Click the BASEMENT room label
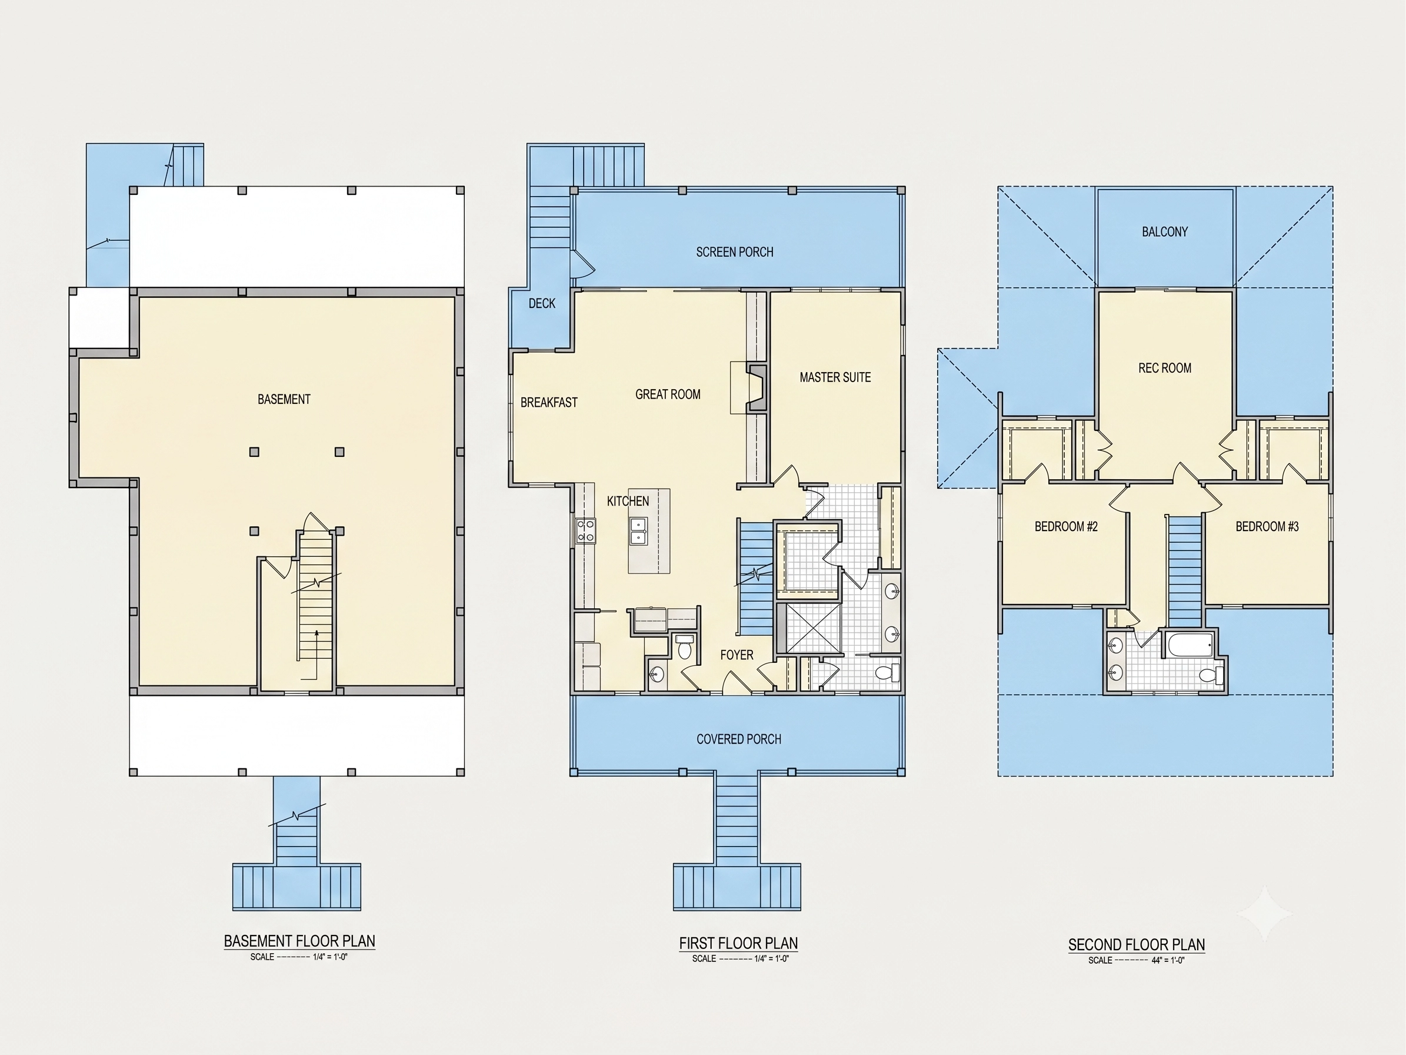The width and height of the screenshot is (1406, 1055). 284,399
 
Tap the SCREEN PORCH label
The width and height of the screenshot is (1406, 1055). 735,252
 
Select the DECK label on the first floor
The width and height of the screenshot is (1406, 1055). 542,303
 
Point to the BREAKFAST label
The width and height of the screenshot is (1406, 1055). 549,403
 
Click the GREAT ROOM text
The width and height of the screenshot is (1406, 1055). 668,394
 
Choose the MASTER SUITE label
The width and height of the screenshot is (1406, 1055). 835,377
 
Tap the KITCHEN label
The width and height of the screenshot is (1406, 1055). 628,501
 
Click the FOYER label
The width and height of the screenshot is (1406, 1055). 737,655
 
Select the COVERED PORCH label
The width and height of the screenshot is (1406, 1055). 739,739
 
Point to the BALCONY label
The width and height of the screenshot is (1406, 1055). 1165,231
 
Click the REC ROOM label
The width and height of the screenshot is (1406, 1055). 1165,367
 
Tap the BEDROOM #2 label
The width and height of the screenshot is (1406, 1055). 1066,526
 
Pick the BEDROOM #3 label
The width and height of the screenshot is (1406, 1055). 1267,526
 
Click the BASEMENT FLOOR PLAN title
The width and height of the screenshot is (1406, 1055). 299,941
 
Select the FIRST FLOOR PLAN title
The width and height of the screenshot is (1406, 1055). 739,943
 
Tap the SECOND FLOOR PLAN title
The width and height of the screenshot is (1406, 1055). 1137,944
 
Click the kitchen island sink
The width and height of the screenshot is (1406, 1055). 638,531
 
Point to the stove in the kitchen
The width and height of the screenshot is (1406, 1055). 585,530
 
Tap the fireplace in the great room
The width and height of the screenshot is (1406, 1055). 757,387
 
